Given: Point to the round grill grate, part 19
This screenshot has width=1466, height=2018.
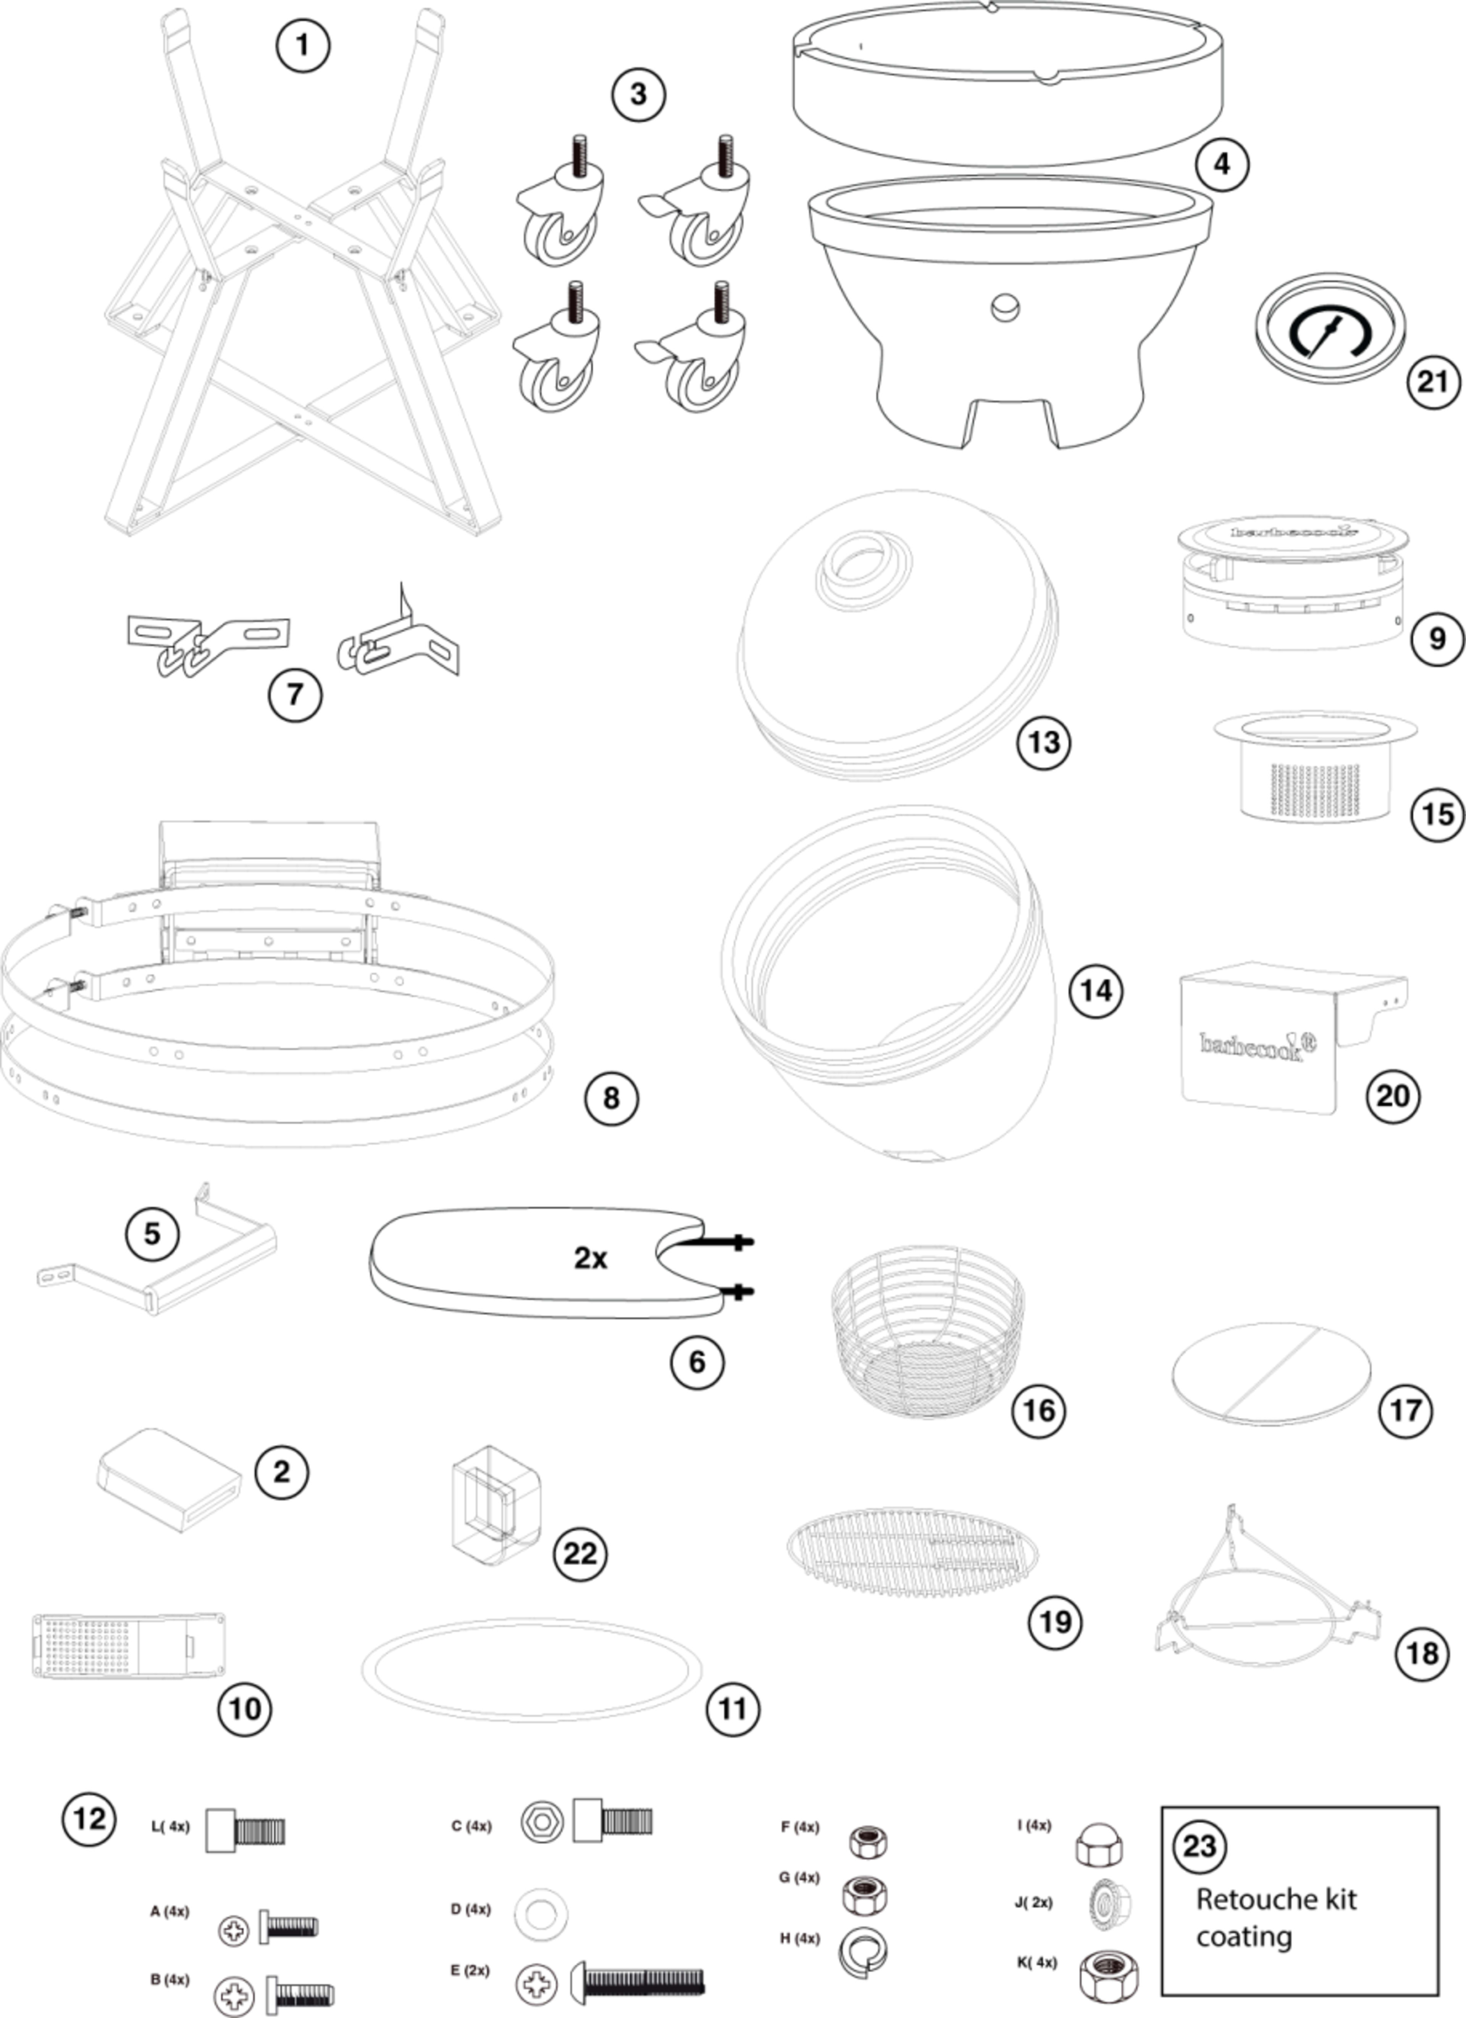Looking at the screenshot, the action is [x=912, y=1551].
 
